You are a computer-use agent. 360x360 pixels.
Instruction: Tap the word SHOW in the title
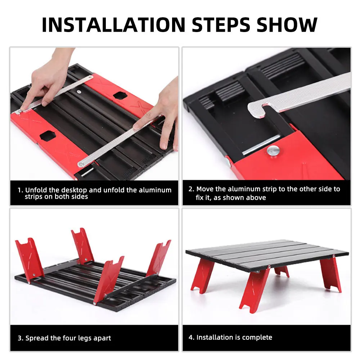287,25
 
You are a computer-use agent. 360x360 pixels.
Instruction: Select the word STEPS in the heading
221,25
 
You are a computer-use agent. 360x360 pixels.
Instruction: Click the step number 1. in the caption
21,190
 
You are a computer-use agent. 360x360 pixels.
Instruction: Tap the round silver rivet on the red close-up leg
273,151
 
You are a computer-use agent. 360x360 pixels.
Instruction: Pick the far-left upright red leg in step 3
30,258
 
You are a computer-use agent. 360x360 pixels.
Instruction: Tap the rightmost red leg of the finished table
330,274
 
